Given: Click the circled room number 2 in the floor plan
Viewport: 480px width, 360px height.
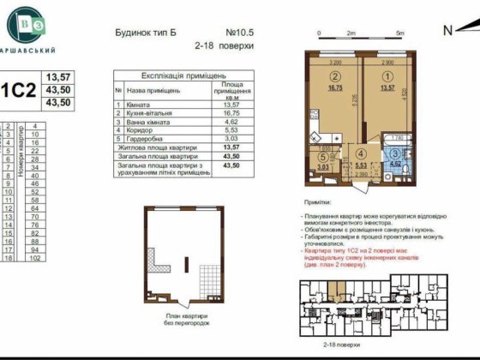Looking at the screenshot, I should click(334, 75).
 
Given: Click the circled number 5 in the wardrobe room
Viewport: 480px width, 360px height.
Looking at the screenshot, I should click(321, 157).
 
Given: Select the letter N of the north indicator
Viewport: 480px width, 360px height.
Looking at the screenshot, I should click(447, 30).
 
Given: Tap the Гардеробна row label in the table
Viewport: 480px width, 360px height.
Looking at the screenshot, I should click(147, 142).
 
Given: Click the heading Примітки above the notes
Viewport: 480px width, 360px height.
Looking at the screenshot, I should click(321, 196).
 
